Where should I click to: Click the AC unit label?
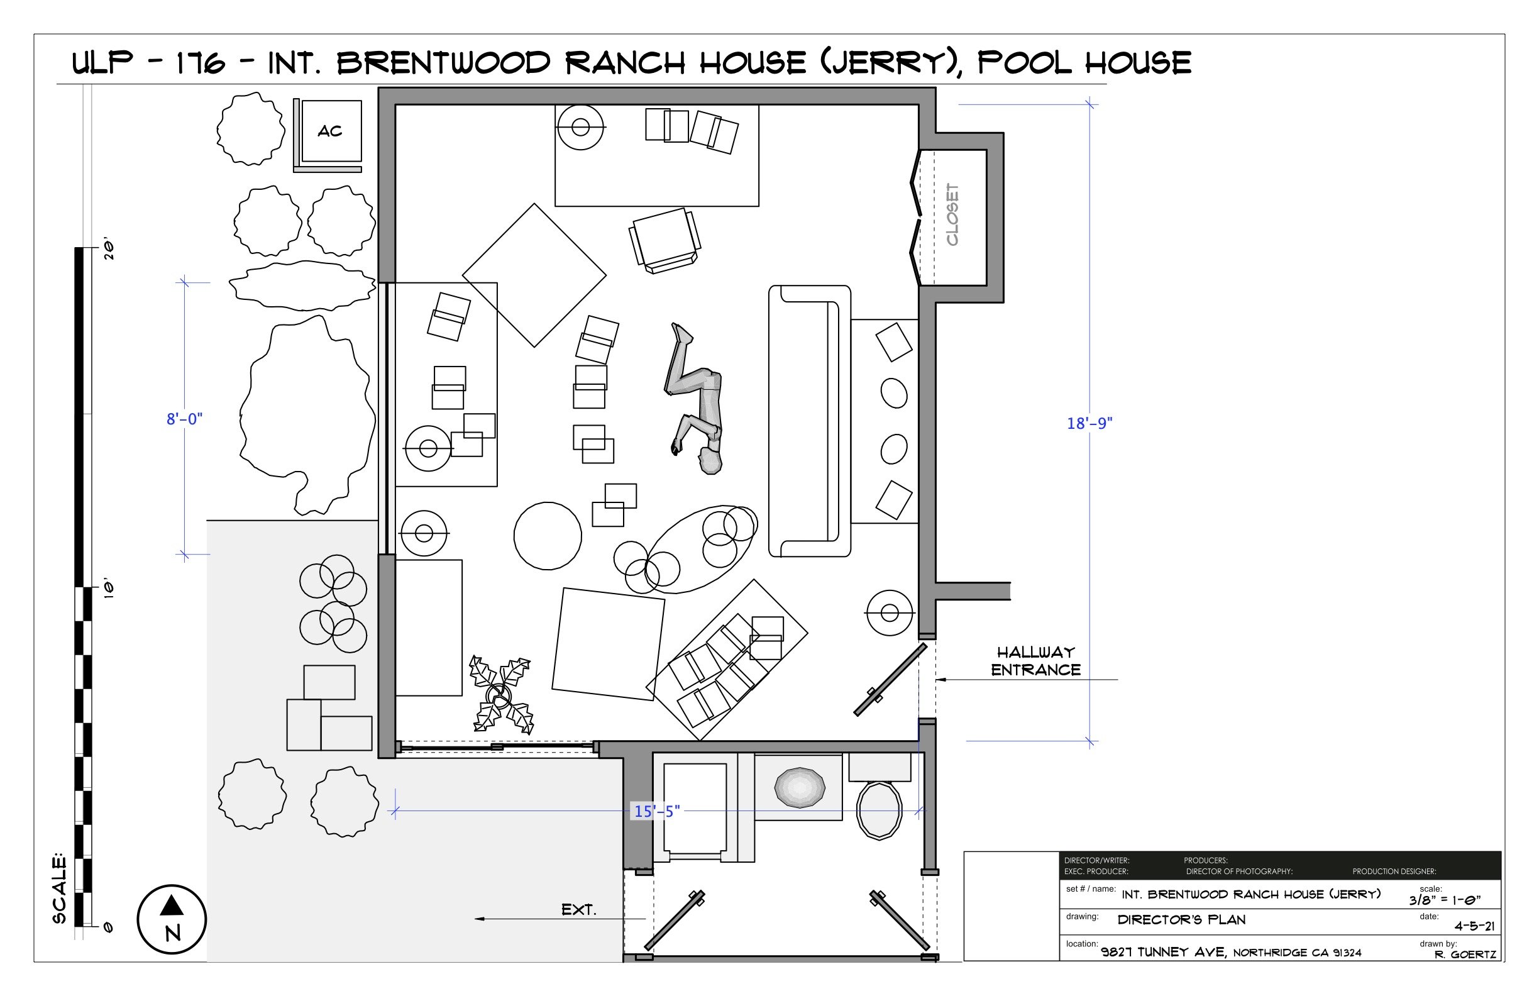tap(330, 131)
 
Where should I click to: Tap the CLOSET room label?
tap(952, 214)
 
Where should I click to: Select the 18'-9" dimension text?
tap(1089, 423)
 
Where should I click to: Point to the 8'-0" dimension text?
tap(184, 419)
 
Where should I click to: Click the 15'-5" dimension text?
tap(656, 811)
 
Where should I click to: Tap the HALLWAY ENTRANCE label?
tap(1035, 661)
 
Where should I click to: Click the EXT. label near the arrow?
tap(579, 910)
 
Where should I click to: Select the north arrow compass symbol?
tap(172, 919)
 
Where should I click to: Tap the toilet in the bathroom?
tap(879, 811)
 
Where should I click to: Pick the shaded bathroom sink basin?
tap(799, 787)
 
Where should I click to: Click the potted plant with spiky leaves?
tap(500, 695)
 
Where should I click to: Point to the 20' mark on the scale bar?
tap(109, 250)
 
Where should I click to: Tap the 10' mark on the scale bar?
tap(109, 589)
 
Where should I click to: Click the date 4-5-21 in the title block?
tap(1474, 926)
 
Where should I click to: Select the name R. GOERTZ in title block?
tap(1465, 954)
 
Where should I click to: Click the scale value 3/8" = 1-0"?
tap(1445, 900)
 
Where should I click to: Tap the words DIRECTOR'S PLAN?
tap(1181, 920)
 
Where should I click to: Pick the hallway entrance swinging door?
tap(890, 680)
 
